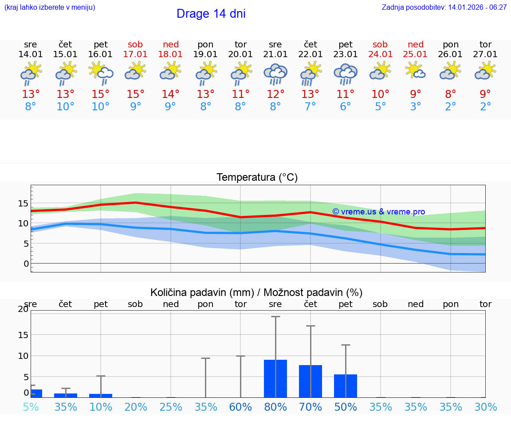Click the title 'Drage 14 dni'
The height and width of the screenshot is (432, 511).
pos(211,14)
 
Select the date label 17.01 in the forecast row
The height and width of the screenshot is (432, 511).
pos(136,54)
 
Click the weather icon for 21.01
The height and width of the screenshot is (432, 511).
pos(275,74)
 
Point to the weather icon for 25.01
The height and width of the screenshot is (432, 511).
pos(416,71)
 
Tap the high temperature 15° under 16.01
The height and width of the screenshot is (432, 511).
pos(101,94)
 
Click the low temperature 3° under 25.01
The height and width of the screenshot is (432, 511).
pos(416,107)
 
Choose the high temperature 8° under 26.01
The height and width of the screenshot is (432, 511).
pos(451,94)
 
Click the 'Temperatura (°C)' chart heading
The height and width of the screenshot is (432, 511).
pos(257,178)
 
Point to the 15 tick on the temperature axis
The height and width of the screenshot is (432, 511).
pos(23,203)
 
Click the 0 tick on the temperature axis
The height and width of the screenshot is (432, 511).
pos(26,264)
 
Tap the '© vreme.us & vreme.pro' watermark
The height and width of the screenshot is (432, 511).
pos(378,212)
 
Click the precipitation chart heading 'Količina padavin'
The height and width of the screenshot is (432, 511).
pos(256,292)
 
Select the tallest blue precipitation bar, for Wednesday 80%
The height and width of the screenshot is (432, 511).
pos(275,378)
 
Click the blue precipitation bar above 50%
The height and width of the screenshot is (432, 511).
pos(346,385)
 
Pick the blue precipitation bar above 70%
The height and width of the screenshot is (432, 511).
pos(311,381)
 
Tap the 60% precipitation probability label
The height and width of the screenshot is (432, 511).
pos(240,407)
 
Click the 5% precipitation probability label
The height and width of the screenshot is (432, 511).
pos(31,407)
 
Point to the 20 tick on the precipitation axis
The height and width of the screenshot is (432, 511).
pos(23,309)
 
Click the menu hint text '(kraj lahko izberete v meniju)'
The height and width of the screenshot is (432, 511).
pos(50,7)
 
